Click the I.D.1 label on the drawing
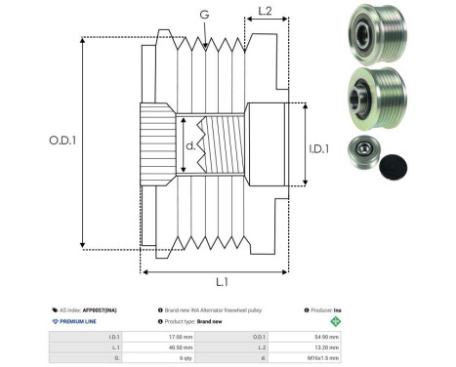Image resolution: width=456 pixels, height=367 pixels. [328, 148]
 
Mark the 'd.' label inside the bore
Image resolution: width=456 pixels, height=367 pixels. [189, 146]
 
